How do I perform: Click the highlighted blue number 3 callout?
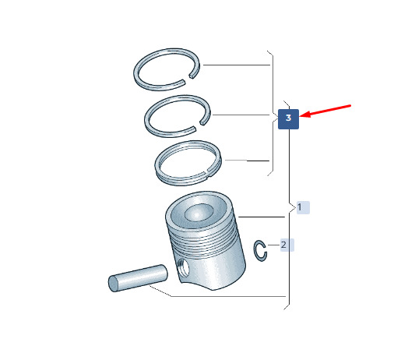point(288,119)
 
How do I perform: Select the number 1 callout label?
point(303,207)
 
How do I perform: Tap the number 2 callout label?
point(287,245)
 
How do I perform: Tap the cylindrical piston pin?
point(138,278)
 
